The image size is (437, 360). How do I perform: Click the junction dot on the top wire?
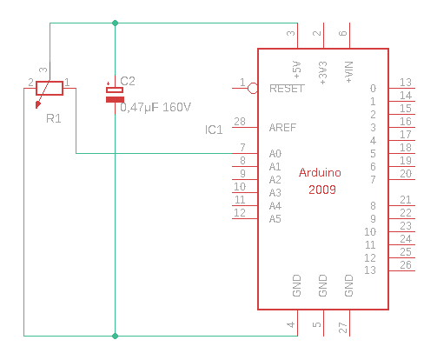(115, 23)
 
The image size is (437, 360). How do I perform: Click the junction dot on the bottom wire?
(115, 336)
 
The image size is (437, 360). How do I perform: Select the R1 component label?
(54, 118)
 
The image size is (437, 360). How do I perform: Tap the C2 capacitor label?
(128, 81)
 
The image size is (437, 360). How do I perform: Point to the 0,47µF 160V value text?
(156, 108)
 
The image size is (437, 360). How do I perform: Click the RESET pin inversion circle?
(253, 88)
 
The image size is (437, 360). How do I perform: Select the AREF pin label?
(282, 128)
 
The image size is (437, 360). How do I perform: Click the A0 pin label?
(275, 154)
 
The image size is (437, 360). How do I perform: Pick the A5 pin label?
(275, 219)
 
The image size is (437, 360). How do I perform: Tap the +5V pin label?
(297, 70)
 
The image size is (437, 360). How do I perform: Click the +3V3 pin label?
(323, 73)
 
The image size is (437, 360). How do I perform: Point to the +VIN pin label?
(349, 72)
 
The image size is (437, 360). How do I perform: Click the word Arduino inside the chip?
(320, 172)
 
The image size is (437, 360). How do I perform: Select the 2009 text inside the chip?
(322, 190)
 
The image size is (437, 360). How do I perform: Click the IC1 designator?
(214, 130)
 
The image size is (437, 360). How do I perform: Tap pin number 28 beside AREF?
(240, 122)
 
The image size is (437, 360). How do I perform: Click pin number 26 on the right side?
(406, 265)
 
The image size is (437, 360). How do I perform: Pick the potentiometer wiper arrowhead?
(38, 105)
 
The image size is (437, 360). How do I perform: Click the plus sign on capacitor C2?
(109, 83)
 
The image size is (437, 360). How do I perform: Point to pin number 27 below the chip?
(343, 328)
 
